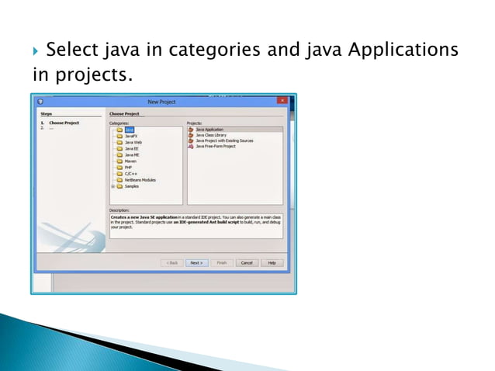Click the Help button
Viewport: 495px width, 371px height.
coord(272,262)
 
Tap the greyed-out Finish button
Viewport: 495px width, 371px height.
coord(222,262)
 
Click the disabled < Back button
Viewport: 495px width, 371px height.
coord(171,262)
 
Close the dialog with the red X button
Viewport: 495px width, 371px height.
coord(282,101)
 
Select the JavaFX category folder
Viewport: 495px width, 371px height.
coord(130,136)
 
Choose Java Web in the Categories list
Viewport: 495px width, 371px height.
coord(133,142)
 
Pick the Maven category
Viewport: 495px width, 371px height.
coord(130,161)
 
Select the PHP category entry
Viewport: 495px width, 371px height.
coord(128,167)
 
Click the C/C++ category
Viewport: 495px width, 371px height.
coord(130,173)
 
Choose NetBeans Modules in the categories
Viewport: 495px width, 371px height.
coord(140,179)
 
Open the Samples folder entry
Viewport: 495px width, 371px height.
coord(132,185)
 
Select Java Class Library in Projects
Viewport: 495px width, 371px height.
coord(211,135)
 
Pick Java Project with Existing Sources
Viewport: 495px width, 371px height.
coord(224,140)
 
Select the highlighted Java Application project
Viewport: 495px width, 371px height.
coord(210,130)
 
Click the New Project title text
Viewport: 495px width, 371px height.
coord(161,101)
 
